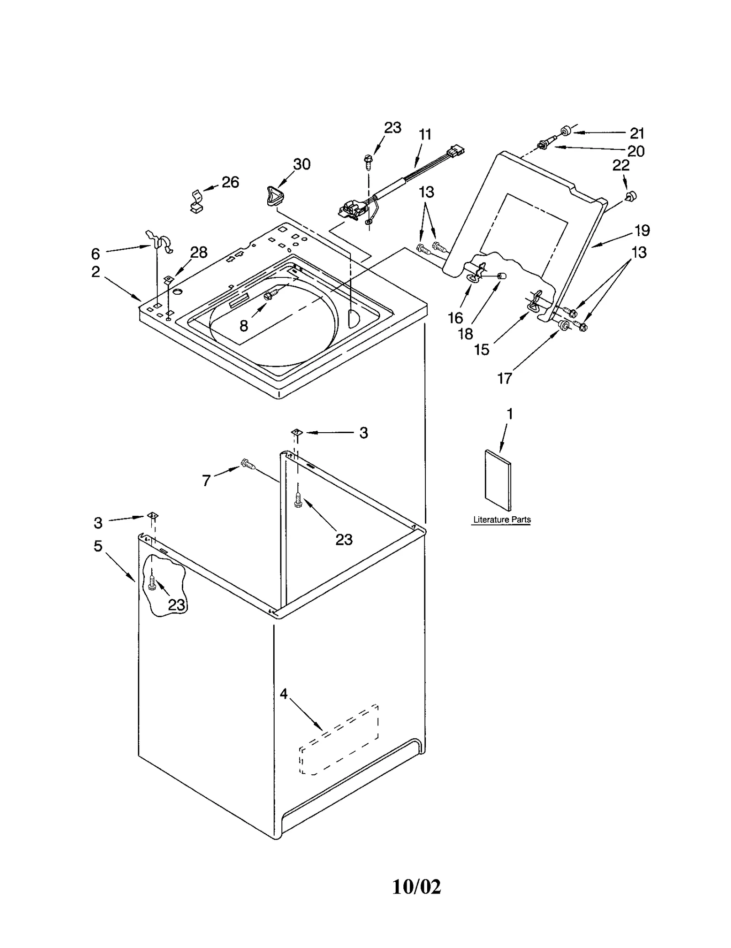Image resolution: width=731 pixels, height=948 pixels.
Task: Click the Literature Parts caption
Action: tap(501, 519)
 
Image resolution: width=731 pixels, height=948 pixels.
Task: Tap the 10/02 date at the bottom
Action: tap(416, 900)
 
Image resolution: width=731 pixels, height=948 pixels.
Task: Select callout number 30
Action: tap(302, 164)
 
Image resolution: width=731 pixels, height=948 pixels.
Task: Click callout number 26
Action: tap(230, 182)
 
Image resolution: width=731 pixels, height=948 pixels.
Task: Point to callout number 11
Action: tap(425, 135)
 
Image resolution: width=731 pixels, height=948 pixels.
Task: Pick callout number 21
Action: tap(637, 133)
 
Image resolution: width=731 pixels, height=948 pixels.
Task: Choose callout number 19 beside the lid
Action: tap(642, 231)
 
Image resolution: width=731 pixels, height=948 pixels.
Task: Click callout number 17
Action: tap(504, 378)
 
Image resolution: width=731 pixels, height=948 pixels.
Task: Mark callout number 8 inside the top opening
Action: tap(244, 326)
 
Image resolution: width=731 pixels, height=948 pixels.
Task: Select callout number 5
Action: tap(98, 546)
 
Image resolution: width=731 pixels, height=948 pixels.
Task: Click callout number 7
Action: tap(206, 480)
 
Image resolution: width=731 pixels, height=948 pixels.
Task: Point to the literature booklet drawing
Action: tap(498, 480)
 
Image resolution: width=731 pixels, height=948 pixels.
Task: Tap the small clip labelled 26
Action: tap(196, 202)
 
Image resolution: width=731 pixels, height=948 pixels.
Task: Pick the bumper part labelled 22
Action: tap(631, 196)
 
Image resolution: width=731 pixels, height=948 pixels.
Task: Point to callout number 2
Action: tap(95, 272)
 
